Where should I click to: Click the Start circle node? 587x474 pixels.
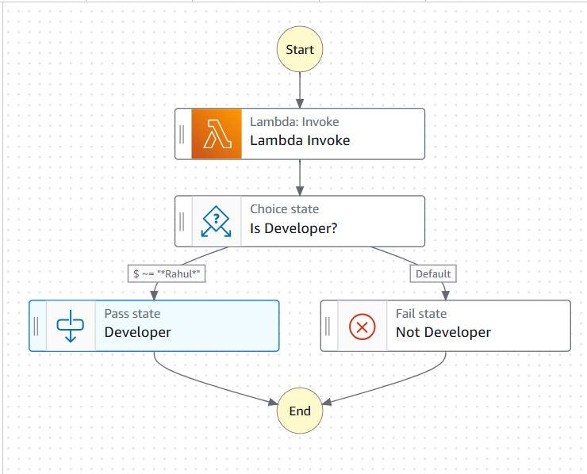[300, 49]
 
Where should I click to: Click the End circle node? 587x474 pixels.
[300, 411]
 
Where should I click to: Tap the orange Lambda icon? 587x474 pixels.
[217, 134]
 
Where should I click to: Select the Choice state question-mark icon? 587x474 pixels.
[217, 221]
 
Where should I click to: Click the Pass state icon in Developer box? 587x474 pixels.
[71, 326]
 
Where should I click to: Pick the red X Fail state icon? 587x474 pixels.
[363, 326]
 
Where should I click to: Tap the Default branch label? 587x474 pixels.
[433, 273]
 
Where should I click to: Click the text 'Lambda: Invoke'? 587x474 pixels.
[294, 122]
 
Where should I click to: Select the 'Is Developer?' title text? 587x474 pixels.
[293, 228]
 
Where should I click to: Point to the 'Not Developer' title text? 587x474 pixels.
[443, 332]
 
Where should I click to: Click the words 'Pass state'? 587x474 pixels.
[132, 314]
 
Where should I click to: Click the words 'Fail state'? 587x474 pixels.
[421, 314]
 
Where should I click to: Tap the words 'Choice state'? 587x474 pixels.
[285, 209]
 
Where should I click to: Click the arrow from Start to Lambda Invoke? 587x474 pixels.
[300, 89]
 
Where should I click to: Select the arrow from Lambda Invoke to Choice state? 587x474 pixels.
[300, 177]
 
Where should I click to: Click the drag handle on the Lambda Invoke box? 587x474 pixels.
[182, 134]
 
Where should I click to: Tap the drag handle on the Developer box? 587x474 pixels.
[36, 326]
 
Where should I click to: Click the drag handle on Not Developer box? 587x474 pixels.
[328, 326]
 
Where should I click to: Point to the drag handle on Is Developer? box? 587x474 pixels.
[182, 221]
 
